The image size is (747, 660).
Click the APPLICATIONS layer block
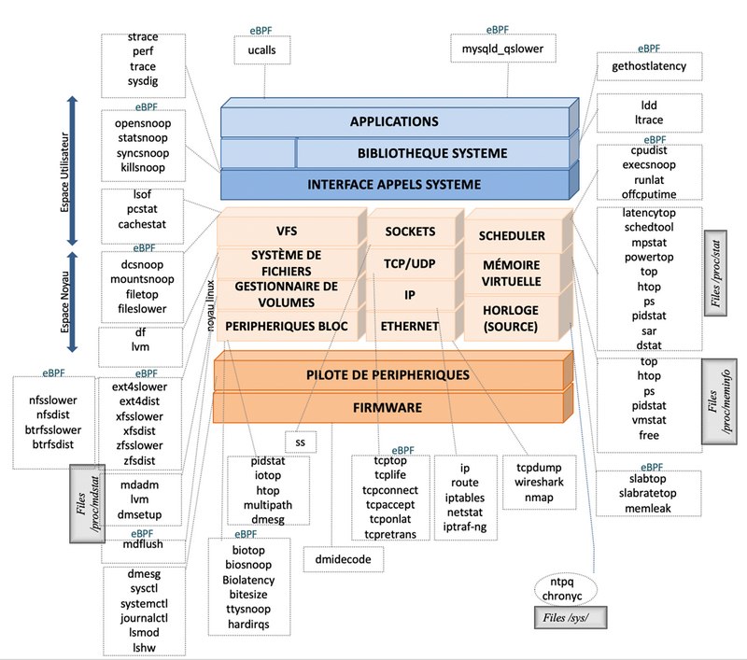tap(393, 122)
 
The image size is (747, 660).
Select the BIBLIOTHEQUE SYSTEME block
tap(432, 153)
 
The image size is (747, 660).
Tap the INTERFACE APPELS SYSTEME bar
tap(394, 184)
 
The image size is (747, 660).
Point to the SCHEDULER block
tap(511, 236)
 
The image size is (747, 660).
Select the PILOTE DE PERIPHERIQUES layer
tap(388, 375)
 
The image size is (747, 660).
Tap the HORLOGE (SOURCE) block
tap(511, 318)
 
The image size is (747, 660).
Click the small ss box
tap(300, 439)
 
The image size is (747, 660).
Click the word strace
tap(143, 37)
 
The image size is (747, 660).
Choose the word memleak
tap(649, 508)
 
